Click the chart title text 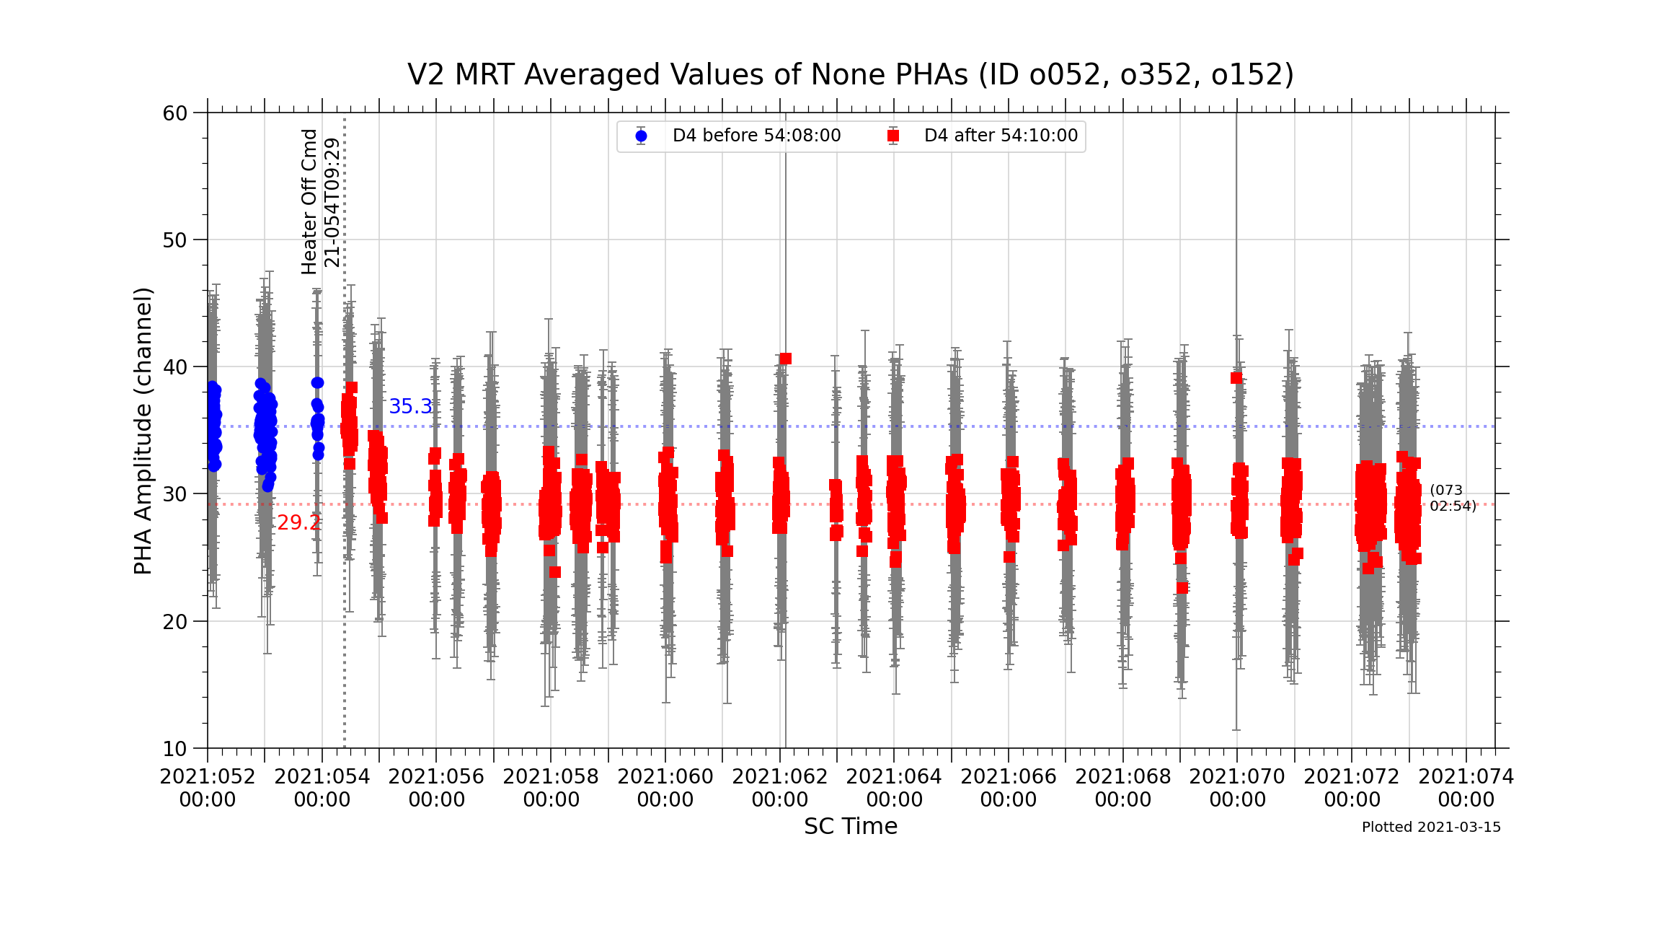pos(851,75)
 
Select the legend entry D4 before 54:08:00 pos(756,136)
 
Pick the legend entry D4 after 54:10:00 pos(1001,136)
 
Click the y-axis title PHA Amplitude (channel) pos(143,431)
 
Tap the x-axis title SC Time pos(851,826)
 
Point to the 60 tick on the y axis pos(175,113)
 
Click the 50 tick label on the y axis pos(175,240)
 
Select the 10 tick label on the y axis pos(175,749)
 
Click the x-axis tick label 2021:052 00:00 pos(208,788)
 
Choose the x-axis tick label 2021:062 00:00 pos(780,788)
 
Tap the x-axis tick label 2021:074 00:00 pos(1466,788)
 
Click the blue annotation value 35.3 pos(410,407)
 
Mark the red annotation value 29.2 pos(298,523)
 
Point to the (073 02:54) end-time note pos(1453,499)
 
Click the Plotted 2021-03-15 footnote pos(1431,828)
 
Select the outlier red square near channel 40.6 pos(785,359)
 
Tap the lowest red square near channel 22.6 pos(1182,588)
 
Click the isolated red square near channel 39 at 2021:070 pos(1236,378)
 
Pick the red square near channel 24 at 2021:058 pos(554,572)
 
